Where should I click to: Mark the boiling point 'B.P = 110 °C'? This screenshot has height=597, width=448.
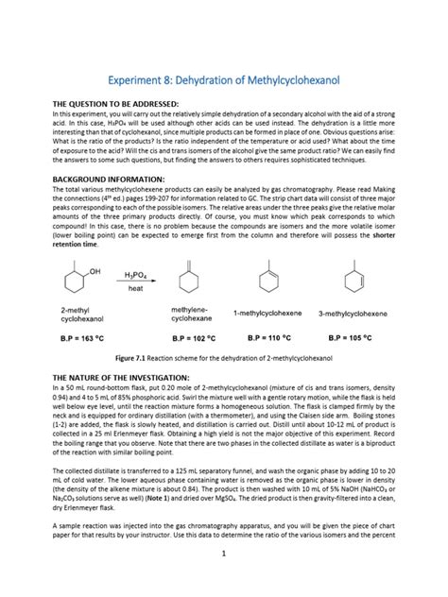pos(271,336)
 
